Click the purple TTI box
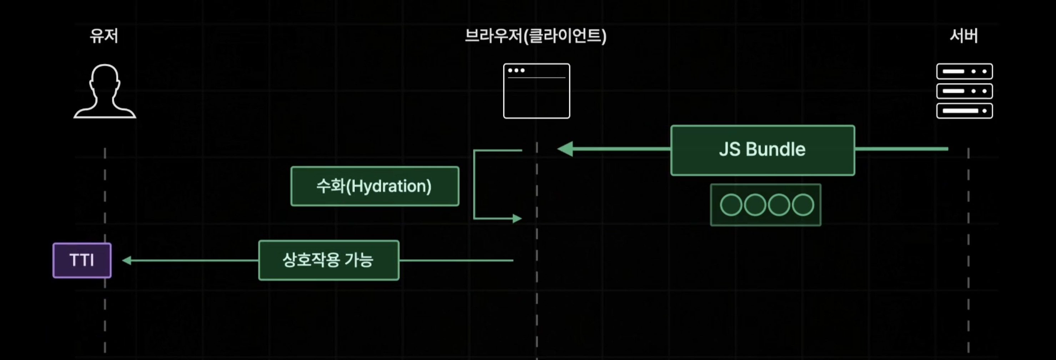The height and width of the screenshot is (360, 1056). click(82, 260)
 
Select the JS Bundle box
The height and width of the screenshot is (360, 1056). click(763, 150)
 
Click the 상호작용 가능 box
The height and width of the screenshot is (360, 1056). click(329, 260)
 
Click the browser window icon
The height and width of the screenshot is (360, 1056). click(536, 91)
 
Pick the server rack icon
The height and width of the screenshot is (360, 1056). click(964, 91)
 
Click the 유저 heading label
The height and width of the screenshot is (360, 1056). click(104, 36)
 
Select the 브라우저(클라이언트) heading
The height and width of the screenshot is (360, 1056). click(535, 36)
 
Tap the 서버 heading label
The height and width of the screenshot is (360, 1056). click(964, 36)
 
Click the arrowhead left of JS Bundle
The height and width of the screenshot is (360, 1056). click(565, 149)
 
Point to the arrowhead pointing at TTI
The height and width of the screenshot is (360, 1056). click(127, 260)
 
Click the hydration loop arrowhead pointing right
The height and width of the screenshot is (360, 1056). click(517, 219)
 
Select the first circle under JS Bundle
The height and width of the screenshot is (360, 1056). click(731, 205)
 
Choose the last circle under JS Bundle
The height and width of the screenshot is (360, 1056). click(803, 205)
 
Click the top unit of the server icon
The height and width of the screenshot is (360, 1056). click(964, 71)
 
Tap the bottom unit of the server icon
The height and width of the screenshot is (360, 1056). click(964, 111)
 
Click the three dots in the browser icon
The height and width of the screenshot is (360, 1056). click(516, 70)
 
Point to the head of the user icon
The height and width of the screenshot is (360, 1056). click(105, 78)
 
